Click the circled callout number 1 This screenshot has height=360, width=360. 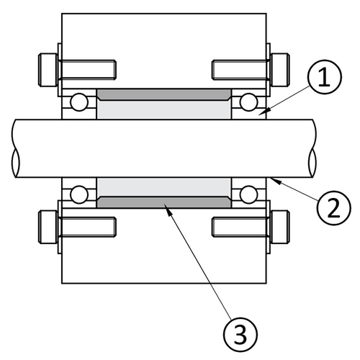tap(325, 77)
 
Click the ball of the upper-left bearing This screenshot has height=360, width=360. tap(76, 100)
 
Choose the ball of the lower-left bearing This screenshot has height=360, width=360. tap(76, 194)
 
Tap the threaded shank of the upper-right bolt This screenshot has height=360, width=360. tap(238, 68)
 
